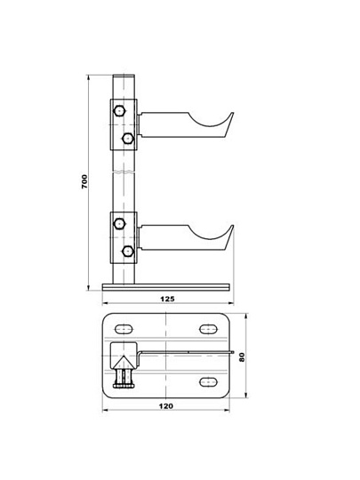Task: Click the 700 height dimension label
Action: pyautogui.click(x=84, y=181)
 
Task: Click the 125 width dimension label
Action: pyautogui.click(x=167, y=299)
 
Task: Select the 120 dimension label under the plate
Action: pyautogui.click(x=166, y=406)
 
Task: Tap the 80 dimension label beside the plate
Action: pyautogui.click(x=242, y=357)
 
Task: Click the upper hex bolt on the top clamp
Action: pyautogui.click(x=119, y=111)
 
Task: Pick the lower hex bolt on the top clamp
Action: pyautogui.click(x=128, y=139)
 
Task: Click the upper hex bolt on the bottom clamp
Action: pyautogui.click(x=119, y=223)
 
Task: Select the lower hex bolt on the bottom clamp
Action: pyautogui.click(x=128, y=252)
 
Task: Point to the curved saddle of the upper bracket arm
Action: pyautogui.click(x=209, y=124)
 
